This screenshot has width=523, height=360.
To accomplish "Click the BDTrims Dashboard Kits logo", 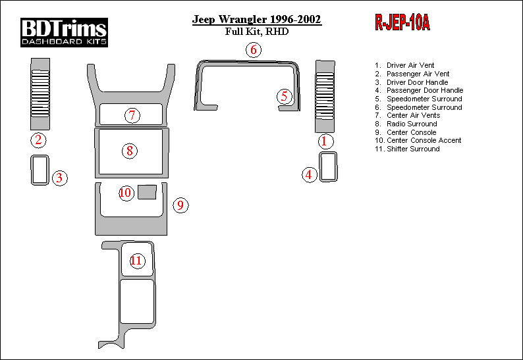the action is [64, 32].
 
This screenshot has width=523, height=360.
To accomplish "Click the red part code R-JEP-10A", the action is [402, 22].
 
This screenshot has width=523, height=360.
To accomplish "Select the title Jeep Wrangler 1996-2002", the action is [256, 19].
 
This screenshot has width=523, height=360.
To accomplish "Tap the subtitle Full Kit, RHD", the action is [256, 32].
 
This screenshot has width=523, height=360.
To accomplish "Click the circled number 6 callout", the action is [254, 49].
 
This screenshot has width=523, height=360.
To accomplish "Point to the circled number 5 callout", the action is [284, 96].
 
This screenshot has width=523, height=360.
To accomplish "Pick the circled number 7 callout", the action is [132, 115].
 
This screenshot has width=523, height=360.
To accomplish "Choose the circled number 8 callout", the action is [130, 151].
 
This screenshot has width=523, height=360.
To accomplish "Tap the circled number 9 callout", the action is [180, 205].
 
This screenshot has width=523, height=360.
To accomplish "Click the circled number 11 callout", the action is [136, 261].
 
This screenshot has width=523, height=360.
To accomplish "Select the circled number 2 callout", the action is [38, 140].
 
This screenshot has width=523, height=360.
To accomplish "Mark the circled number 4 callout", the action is [309, 174].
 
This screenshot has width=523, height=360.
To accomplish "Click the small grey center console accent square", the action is [147, 192].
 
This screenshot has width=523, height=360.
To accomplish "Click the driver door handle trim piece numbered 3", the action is [32, 170].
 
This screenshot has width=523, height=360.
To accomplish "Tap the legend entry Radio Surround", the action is [412, 124].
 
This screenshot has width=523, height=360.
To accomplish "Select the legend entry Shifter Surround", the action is [413, 149].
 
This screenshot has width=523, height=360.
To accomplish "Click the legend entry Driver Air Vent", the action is [410, 65].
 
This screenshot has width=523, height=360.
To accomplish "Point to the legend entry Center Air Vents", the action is [413, 115].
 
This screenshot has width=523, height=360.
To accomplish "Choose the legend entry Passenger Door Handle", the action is [425, 90].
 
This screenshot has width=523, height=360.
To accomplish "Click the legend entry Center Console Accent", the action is [424, 140].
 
